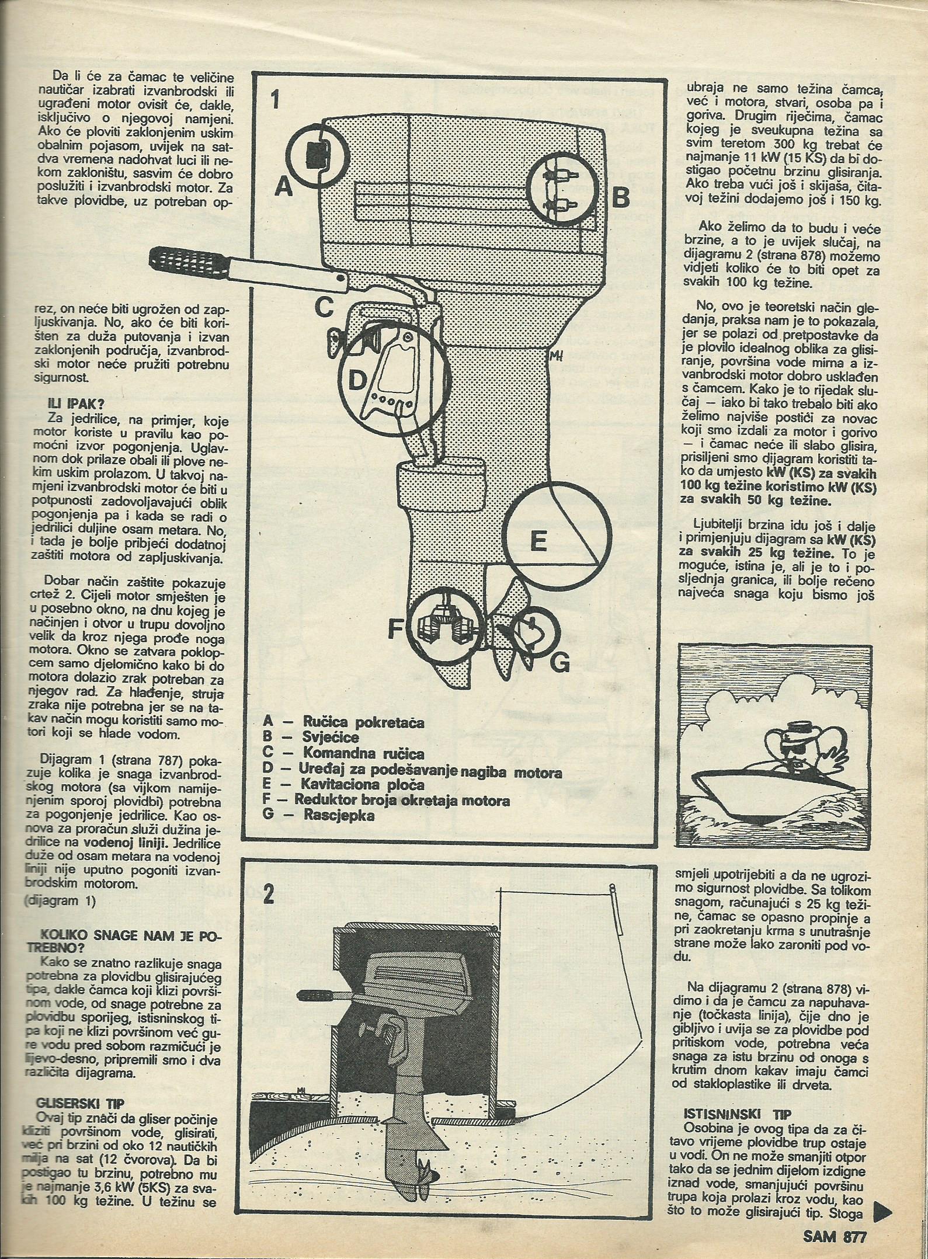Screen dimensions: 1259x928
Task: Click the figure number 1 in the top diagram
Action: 274,102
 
